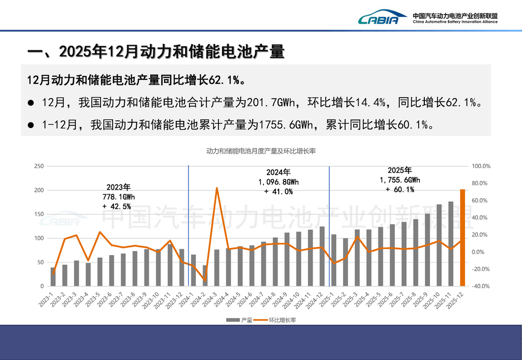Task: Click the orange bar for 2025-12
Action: pos(463,238)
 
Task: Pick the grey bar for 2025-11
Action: pos(451,244)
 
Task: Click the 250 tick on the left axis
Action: pos(39,166)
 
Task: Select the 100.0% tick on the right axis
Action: pos(481,166)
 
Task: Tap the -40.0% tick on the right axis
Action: pos(480,286)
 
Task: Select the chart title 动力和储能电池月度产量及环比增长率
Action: pos(261,151)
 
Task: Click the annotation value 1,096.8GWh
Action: pos(278,182)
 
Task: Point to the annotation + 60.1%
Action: pos(400,189)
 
